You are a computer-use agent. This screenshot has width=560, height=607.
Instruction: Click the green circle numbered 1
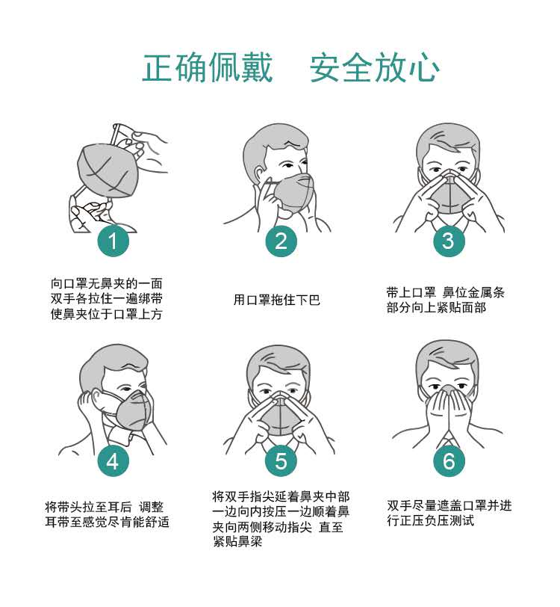point(113,241)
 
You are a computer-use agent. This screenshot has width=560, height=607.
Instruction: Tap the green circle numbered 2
point(281,241)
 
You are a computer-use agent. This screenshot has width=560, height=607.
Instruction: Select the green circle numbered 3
point(449,241)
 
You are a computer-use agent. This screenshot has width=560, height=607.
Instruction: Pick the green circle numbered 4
point(113,461)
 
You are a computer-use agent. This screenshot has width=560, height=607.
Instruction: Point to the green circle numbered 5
point(281,461)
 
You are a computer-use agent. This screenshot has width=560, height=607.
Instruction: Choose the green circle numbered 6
point(449,461)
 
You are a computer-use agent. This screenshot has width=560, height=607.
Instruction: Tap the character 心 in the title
point(423,68)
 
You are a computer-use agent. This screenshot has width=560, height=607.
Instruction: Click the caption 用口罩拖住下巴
point(277,300)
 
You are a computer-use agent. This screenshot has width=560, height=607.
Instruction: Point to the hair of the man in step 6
point(447,358)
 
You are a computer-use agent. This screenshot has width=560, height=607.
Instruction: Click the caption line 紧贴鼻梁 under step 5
point(237,541)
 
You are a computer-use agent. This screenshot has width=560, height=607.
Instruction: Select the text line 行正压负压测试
point(430,520)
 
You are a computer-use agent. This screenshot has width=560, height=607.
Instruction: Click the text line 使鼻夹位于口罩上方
point(106,314)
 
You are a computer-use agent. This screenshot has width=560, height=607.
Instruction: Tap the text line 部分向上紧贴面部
point(436,307)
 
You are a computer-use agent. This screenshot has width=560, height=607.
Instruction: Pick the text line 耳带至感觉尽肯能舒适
point(107,522)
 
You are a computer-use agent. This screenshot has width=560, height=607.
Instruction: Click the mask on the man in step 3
point(449,194)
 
